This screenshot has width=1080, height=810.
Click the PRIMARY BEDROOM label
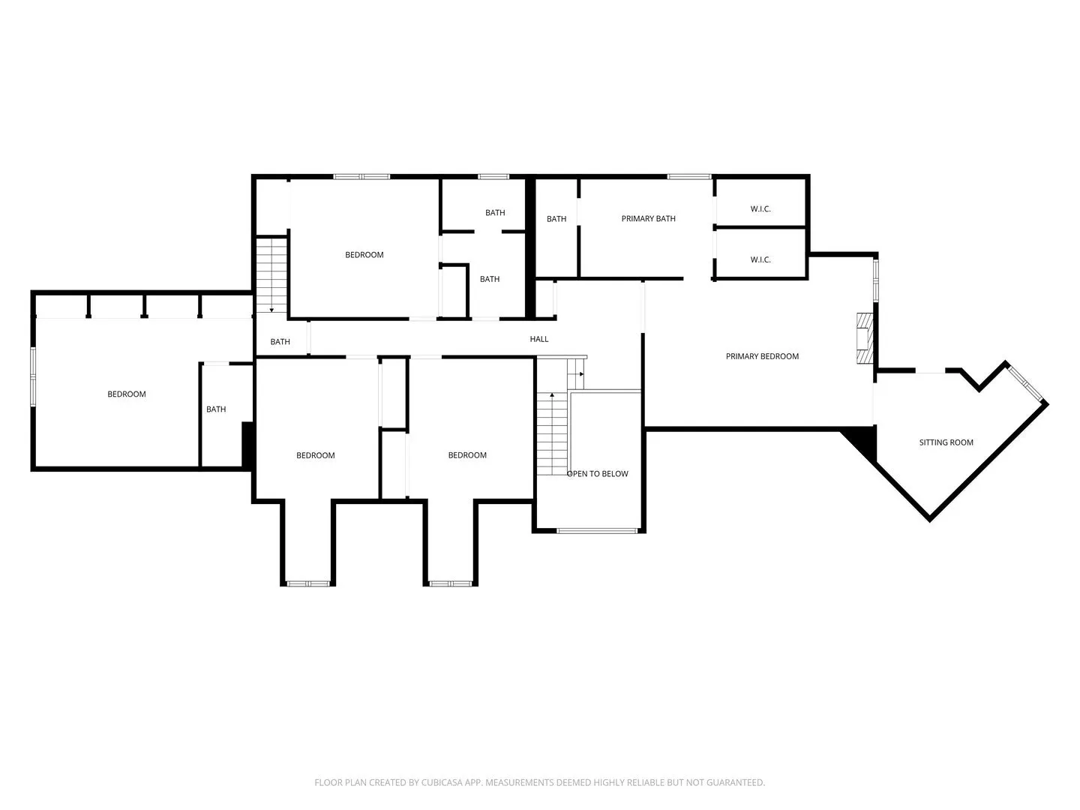click(762, 356)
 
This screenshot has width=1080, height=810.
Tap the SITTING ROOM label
click(946, 442)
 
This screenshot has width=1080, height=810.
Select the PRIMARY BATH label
click(648, 218)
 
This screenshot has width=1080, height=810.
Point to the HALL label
click(538, 339)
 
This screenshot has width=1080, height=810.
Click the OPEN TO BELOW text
click(597, 473)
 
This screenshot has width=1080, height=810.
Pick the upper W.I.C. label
click(760, 209)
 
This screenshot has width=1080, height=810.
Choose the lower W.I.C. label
click(760, 259)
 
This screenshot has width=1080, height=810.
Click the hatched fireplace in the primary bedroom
click(865, 337)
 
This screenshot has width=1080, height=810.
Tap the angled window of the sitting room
click(1025, 382)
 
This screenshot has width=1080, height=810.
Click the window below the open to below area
click(597, 531)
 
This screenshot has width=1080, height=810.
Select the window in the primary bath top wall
click(688, 176)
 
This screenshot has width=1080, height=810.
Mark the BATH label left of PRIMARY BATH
click(556, 219)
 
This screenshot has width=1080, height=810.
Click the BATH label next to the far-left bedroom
click(216, 409)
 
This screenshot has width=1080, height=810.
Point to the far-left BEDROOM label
click(127, 394)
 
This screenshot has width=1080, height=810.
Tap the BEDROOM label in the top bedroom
click(364, 255)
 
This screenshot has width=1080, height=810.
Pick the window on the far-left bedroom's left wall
click(33, 376)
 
